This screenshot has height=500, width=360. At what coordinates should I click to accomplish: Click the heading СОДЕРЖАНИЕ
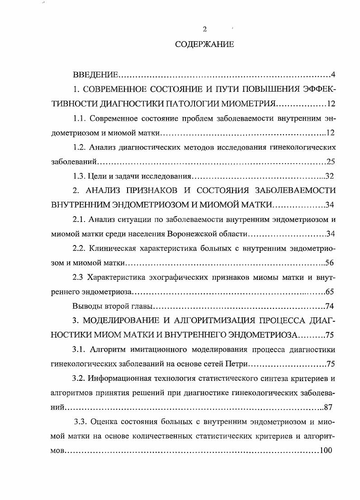[x=204, y=44]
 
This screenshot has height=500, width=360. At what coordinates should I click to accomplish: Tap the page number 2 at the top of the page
[x=204, y=29]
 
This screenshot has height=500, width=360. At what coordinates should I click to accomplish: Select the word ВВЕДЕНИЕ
[x=95, y=74]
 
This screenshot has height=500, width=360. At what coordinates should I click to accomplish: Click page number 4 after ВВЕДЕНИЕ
[x=332, y=74]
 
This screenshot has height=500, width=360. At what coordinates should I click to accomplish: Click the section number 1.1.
[x=80, y=118]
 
